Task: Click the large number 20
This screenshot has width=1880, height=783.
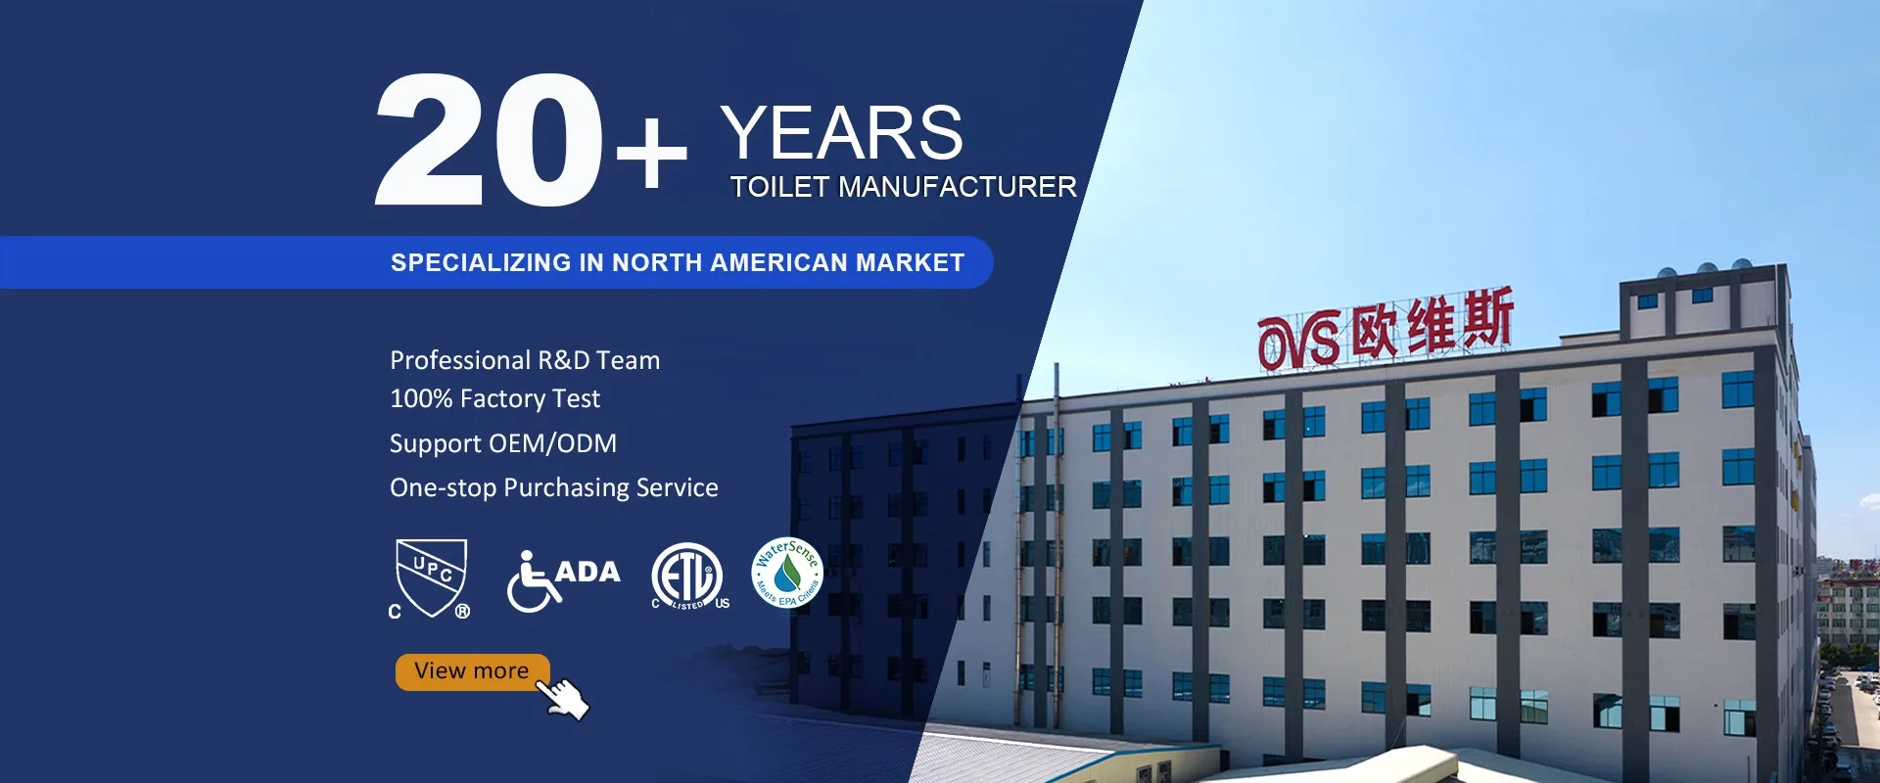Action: click(489, 139)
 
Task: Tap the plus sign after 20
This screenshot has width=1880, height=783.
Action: click(651, 153)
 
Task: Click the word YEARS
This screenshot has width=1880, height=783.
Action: click(842, 133)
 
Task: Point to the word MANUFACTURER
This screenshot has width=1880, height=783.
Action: click(958, 187)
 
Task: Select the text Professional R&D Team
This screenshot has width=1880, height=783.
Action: click(525, 360)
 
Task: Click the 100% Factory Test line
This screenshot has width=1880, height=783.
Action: click(495, 398)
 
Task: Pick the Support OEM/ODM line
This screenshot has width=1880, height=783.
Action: click(503, 443)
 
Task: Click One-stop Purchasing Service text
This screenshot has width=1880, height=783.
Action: click(554, 487)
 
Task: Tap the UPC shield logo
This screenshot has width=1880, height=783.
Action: click(431, 577)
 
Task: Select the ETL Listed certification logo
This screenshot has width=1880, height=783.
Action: click(689, 576)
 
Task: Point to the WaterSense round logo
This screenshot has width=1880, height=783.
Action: click(787, 573)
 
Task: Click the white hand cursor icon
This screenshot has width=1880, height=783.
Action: click(565, 698)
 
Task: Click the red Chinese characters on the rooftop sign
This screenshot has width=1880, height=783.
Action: click(1433, 322)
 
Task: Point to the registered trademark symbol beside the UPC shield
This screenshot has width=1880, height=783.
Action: click(462, 611)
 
